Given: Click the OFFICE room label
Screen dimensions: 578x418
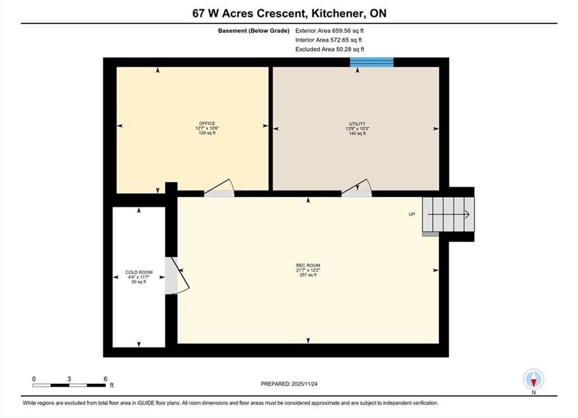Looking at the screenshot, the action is point(207,124).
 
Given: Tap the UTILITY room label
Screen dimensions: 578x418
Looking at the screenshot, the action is point(357,124).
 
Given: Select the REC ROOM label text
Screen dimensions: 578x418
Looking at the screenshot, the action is point(308,265).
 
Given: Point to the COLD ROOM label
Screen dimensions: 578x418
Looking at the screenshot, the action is point(139,272).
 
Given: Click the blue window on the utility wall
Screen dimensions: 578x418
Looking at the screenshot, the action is point(372,62).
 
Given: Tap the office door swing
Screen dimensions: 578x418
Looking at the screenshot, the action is point(220,188).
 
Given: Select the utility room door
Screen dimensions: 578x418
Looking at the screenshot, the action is point(357,188).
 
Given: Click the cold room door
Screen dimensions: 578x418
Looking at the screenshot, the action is point(177,276).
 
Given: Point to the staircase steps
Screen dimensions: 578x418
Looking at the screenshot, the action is point(448,215).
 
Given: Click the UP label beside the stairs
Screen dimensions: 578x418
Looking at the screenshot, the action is point(412,214).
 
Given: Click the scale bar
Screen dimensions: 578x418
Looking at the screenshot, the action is point(69,385).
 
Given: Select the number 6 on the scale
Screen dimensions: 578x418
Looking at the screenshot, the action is point(105,379).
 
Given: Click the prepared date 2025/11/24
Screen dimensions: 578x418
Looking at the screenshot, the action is point(304,384).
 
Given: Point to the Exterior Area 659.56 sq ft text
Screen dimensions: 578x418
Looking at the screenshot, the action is point(329,31).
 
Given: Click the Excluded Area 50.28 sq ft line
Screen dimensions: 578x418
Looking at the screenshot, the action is point(330,49).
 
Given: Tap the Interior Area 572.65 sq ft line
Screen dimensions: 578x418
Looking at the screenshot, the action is point(328,40).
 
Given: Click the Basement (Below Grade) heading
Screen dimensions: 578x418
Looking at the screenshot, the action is point(254,31).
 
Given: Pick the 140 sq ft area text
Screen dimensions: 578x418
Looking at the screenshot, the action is point(357,134).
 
